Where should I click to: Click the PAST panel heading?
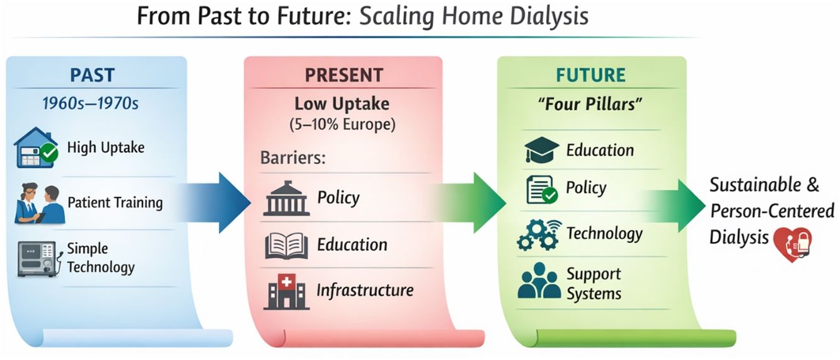(x=92, y=75)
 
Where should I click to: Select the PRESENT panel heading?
(x=344, y=75)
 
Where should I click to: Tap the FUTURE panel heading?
(x=590, y=75)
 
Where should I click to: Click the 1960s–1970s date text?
(x=90, y=103)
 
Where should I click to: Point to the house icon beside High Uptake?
(x=36, y=148)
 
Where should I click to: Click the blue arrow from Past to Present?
(x=214, y=203)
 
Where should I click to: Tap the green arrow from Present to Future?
(x=469, y=203)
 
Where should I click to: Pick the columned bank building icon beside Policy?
(x=287, y=199)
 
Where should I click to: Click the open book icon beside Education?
(x=287, y=246)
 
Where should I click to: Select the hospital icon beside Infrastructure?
(x=287, y=291)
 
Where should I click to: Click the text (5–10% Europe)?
(x=342, y=124)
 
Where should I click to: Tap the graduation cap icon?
(x=541, y=149)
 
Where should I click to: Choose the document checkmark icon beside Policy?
(x=542, y=189)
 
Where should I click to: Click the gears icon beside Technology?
(x=539, y=235)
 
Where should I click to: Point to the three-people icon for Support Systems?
(x=539, y=281)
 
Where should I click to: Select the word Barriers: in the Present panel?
(x=293, y=158)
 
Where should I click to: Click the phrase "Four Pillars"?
(x=590, y=104)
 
